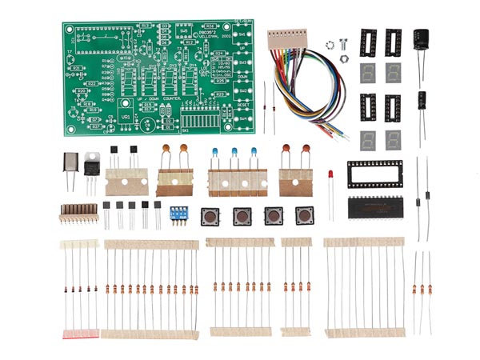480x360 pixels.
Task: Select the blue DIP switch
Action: [x=178, y=214]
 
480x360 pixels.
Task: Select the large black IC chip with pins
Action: [x=377, y=206]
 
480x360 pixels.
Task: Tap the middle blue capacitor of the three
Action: [x=234, y=152]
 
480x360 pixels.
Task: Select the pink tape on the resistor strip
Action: [x=80, y=333]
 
